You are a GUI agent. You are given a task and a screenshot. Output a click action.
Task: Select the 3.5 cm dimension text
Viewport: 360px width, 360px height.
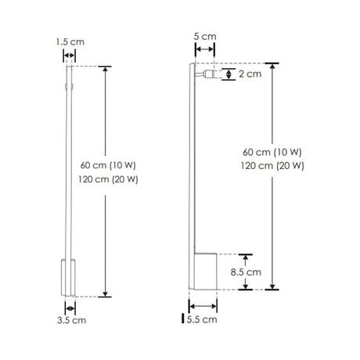(70, 320)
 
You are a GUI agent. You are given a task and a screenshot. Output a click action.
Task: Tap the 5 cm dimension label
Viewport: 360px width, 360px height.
(203, 36)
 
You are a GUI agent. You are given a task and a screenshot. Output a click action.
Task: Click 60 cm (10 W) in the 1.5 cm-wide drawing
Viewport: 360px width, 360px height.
(109, 166)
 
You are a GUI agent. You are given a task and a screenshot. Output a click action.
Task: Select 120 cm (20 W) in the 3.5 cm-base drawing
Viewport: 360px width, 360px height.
(109, 179)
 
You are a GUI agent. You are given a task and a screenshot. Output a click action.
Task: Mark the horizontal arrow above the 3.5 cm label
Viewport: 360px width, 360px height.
(69, 308)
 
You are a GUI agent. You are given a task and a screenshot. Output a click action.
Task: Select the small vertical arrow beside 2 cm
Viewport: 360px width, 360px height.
(228, 74)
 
